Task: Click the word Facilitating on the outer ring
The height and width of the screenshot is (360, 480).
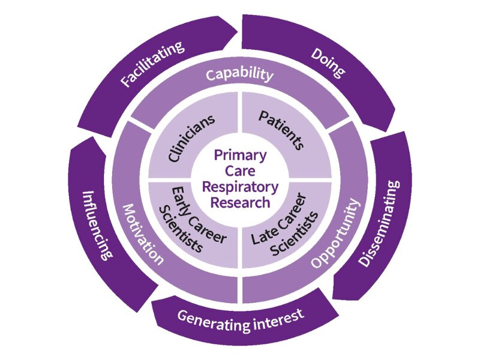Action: click(x=152, y=64)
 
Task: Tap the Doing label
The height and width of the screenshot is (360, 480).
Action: click(x=328, y=63)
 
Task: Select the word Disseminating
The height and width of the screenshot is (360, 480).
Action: click(x=379, y=223)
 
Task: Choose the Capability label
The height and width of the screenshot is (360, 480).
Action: click(x=239, y=74)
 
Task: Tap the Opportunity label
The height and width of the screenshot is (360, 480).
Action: click(x=335, y=233)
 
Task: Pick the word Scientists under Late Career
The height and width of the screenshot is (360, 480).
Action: click(x=295, y=233)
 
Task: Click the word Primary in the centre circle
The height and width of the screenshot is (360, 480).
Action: click(x=241, y=156)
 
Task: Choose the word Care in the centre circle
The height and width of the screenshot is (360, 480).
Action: click(x=241, y=171)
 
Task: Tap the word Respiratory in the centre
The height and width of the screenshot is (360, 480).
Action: click(x=241, y=187)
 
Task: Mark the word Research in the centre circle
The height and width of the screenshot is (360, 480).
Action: click(x=241, y=202)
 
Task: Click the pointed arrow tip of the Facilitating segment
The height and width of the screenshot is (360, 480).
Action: click(x=238, y=31)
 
